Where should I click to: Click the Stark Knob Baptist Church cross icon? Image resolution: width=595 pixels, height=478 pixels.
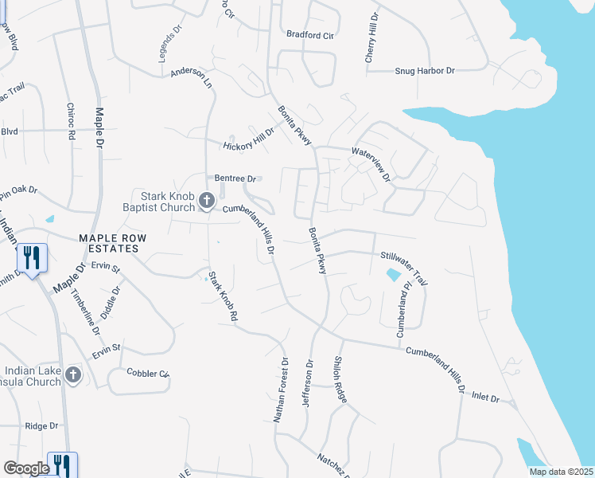[x=207, y=200]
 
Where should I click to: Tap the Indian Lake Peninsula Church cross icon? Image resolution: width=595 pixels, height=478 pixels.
[x=73, y=374]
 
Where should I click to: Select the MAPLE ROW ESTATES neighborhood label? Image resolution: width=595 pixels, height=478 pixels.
[x=108, y=243]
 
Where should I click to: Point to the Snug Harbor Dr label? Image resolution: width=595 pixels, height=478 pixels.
[x=425, y=71]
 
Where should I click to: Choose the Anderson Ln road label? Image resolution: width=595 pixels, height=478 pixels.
[x=192, y=77]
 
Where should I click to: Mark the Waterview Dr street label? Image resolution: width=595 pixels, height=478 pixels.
[x=371, y=163]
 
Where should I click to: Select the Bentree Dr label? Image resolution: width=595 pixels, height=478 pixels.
[x=234, y=178]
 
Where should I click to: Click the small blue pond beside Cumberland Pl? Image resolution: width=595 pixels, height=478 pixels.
[x=393, y=276]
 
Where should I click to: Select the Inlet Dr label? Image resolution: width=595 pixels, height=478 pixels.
[x=484, y=397]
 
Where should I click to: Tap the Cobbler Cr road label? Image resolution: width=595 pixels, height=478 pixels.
[x=148, y=373]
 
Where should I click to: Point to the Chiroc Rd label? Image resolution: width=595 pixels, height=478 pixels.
[x=70, y=122]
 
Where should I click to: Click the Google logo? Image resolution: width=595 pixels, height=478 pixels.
[x=25, y=468]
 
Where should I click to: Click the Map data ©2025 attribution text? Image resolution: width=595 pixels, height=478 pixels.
[x=562, y=472]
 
